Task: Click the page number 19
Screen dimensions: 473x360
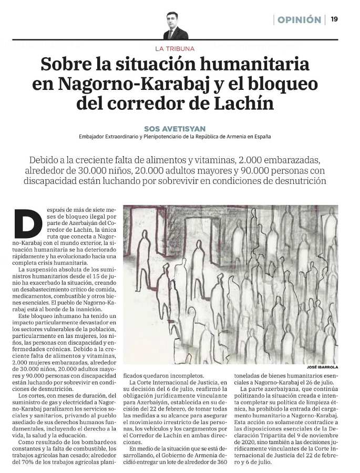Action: [x=334, y=19]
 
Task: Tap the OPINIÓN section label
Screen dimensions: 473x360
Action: [x=299, y=20]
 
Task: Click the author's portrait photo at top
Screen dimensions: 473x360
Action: [x=176, y=26]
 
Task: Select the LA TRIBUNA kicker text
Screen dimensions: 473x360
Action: [x=175, y=48]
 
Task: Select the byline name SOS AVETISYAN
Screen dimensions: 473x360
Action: [x=175, y=128]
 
